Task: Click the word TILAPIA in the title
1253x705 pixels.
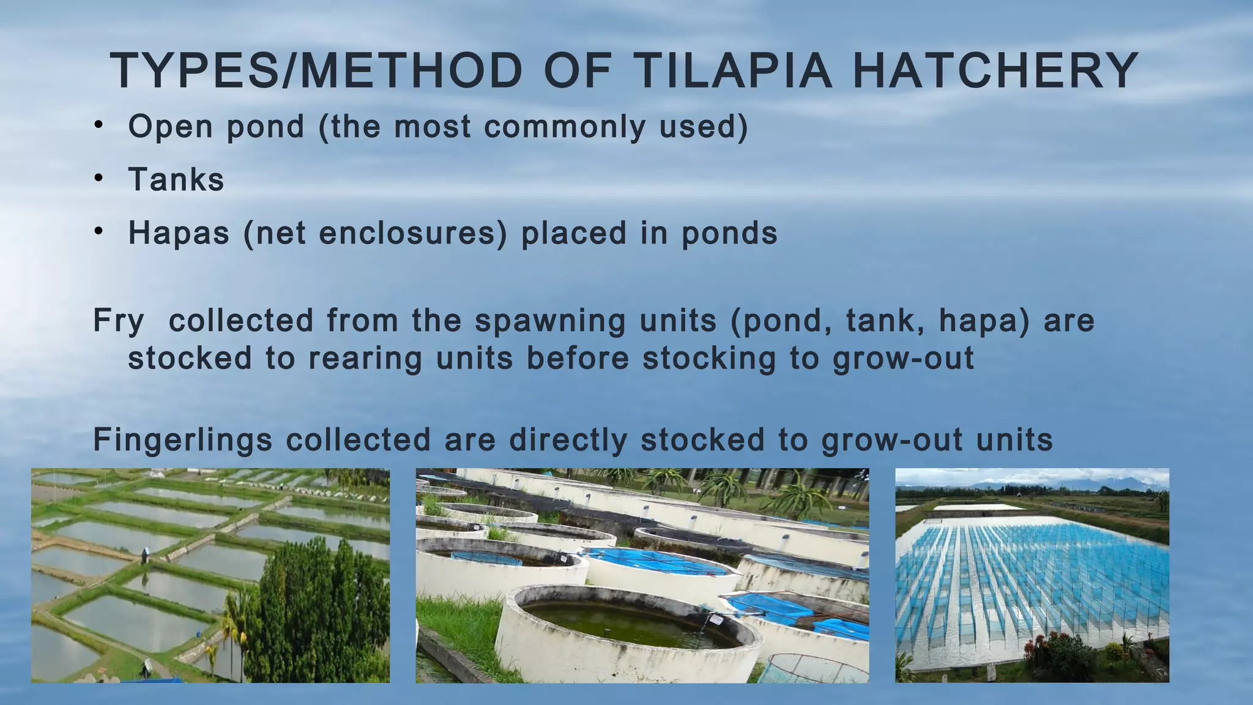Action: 732,71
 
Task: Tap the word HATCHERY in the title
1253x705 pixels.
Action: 995,71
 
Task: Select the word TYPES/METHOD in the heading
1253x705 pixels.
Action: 316,71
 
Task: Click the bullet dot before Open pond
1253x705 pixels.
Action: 99,126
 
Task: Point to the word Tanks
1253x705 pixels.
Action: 176,180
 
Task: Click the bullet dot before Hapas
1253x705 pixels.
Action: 99,233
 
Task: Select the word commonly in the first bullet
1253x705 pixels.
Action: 565,127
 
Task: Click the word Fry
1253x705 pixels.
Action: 119,321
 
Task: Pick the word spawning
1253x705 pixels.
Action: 550,321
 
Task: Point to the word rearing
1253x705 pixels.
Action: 365,359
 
